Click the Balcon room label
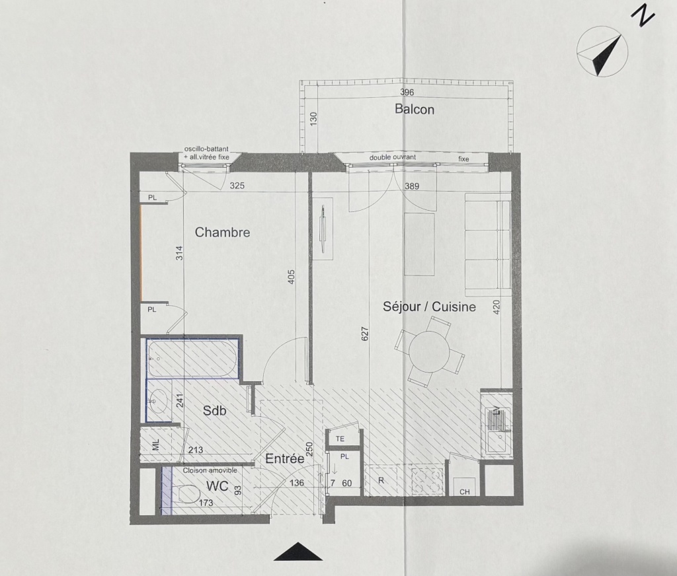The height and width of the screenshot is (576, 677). (415, 109)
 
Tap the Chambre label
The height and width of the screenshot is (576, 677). (222, 232)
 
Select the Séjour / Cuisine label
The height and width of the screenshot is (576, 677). (430, 306)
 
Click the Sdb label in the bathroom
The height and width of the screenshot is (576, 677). (215, 411)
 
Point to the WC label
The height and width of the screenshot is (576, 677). (217, 486)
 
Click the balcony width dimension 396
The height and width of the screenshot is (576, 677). (407, 92)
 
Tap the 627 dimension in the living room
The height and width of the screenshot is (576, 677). (365, 335)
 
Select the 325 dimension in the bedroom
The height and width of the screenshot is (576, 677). (237, 186)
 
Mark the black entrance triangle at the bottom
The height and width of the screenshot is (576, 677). (298, 552)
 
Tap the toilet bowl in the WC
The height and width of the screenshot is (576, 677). (186, 493)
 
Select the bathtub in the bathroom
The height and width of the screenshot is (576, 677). (192, 359)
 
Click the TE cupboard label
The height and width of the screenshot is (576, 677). (340, 439)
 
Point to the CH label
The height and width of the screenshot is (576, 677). (465, 491)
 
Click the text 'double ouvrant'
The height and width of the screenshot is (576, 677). (393, 157)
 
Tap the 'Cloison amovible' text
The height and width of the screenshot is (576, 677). (210, 470)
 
